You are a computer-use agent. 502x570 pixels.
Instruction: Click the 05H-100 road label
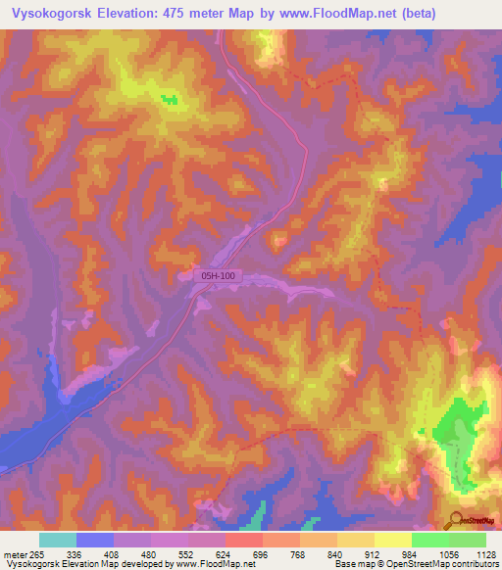[x=218, y=277]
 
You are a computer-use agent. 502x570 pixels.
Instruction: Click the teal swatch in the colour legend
[x=57, y=540]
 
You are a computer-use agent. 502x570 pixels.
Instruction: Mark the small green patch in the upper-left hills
[x=170, y=99]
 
